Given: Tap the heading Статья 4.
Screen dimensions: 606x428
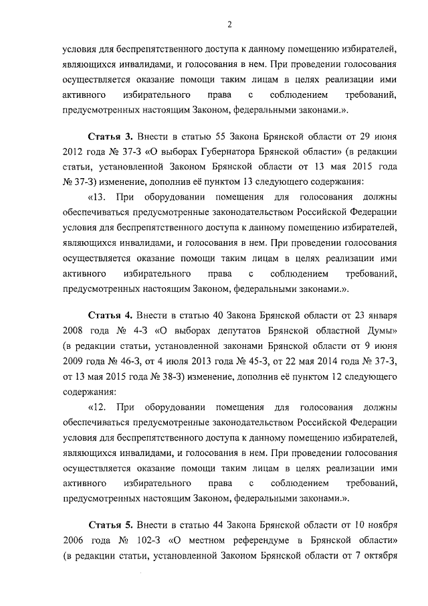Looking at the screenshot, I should coord(110,315).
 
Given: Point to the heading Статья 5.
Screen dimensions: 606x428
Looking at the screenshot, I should coord(110,524).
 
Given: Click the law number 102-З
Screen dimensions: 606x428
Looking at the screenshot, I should coord(150,539).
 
